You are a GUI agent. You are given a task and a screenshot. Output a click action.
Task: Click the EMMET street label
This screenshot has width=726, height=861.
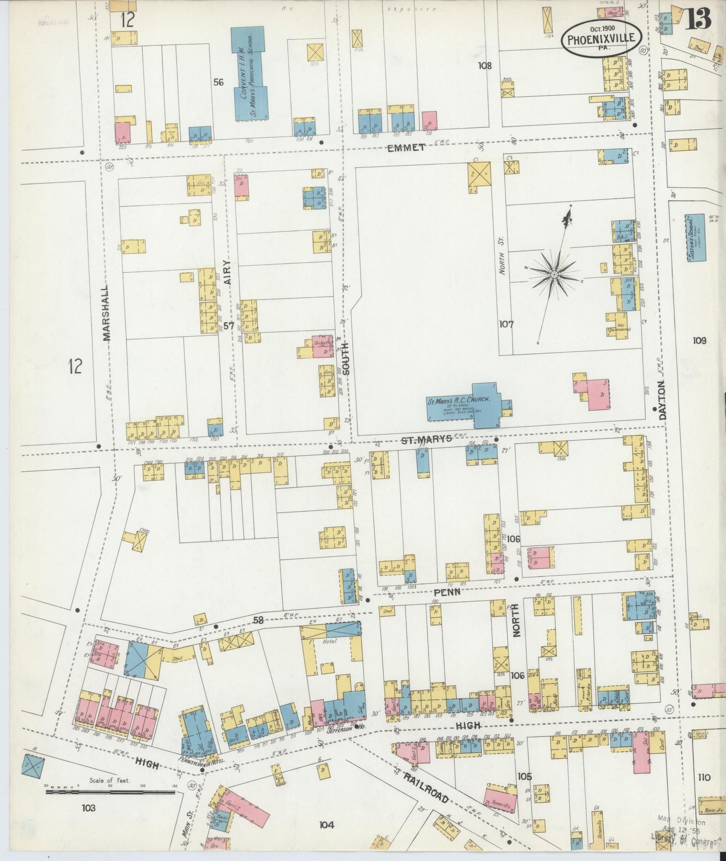click(x=406, y=147)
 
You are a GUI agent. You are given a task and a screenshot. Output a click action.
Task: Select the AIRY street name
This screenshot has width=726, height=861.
click(x=227, y=273)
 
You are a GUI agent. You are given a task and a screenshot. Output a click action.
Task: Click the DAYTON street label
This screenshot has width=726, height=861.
click(x=662, y=400)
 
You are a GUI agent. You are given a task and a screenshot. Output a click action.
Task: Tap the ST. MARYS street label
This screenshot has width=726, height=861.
click(x=426, y=440)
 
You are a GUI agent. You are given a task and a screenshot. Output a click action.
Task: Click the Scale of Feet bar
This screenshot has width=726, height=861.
click(x=111, y=792)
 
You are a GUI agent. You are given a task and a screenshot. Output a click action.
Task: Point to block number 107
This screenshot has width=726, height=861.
click(x=506, y=324)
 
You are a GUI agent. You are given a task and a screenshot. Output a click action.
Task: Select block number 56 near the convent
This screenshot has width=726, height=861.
click(x=218, y=82)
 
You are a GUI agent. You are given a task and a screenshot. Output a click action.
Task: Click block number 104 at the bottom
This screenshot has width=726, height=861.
click(x=326, y=824)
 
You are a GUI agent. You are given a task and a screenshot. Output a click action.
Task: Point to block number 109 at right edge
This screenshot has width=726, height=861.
click(x=699, y=341)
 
